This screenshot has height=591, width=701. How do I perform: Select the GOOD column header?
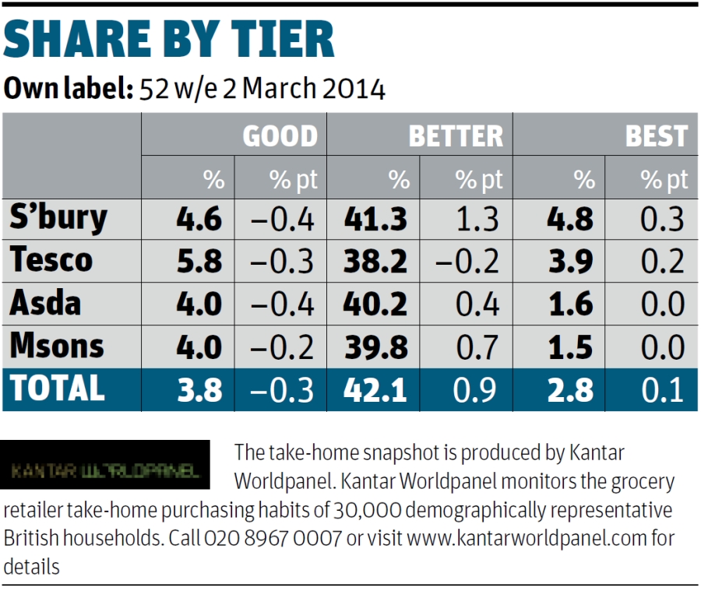[x=280, y=136]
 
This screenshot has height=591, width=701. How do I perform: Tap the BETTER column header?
[x=456, y=136]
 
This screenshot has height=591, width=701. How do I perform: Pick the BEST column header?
[x=657, y=136]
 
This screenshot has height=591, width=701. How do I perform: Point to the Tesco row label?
[x=51, y=261]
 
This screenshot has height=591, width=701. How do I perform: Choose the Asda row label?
[x=45, y=303]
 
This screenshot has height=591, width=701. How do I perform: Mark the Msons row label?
[x=57, y=345]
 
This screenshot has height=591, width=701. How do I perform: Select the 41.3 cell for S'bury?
[x=375, y=220]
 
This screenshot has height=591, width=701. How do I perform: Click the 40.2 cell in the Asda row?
[x=375, y=304]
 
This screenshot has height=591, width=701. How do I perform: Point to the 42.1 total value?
[x=375, y=389]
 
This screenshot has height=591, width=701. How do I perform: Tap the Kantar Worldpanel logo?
[x=105, y=471]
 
